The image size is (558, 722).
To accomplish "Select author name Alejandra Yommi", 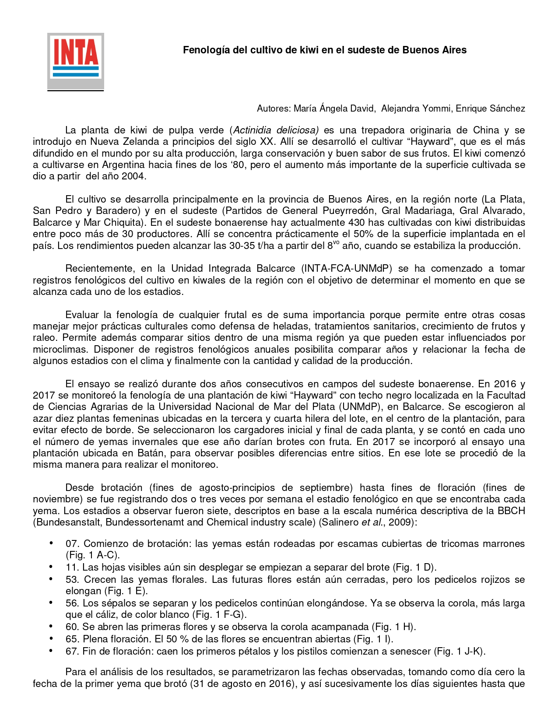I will tap(415, 109).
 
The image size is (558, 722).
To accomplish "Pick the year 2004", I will tap(133, 176).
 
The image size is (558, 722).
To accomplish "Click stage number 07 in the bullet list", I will tap(72, 544).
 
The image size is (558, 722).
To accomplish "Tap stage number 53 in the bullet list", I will tap(72, 580).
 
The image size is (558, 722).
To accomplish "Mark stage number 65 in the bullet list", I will tap(72, 639).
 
